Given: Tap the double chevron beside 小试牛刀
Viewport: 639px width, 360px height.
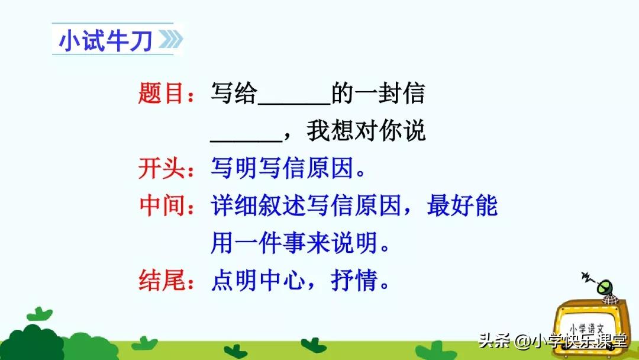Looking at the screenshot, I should click(x=170, y=41).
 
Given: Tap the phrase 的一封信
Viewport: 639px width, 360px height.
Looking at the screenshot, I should click(x=378, y=94).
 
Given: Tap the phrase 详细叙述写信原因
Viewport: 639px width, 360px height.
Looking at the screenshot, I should click(x=306, y=206).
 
